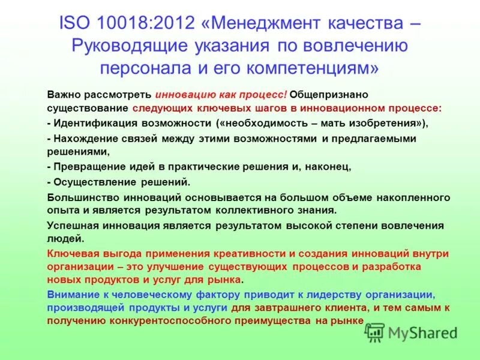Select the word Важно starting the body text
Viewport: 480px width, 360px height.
pyautogui.click(x=64, y=94)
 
